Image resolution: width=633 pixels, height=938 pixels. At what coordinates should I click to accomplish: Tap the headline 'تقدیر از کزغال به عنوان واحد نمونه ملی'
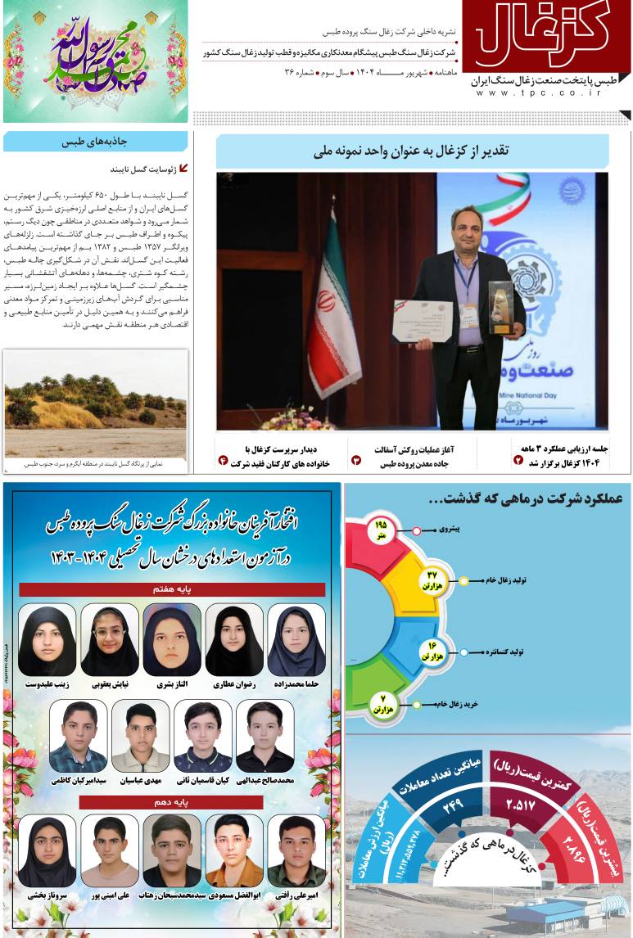[x=411, y=151]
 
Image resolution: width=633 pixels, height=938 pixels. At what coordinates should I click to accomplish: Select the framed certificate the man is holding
[x=423, y=321]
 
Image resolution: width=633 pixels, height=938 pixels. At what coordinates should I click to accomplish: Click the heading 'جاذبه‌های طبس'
[x=95, y=142]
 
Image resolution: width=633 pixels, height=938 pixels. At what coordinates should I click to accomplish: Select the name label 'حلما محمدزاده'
[x=296, y=683]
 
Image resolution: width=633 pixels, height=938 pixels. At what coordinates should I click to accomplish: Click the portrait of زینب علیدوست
[x=47, y=640]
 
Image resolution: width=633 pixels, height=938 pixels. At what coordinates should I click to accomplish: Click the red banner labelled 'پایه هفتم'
[x=172, y=589]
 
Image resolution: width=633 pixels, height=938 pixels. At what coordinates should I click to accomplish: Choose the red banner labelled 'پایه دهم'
[x=172, y=802]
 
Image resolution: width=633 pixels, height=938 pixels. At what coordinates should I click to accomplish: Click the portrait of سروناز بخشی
[x=47, y=851]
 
